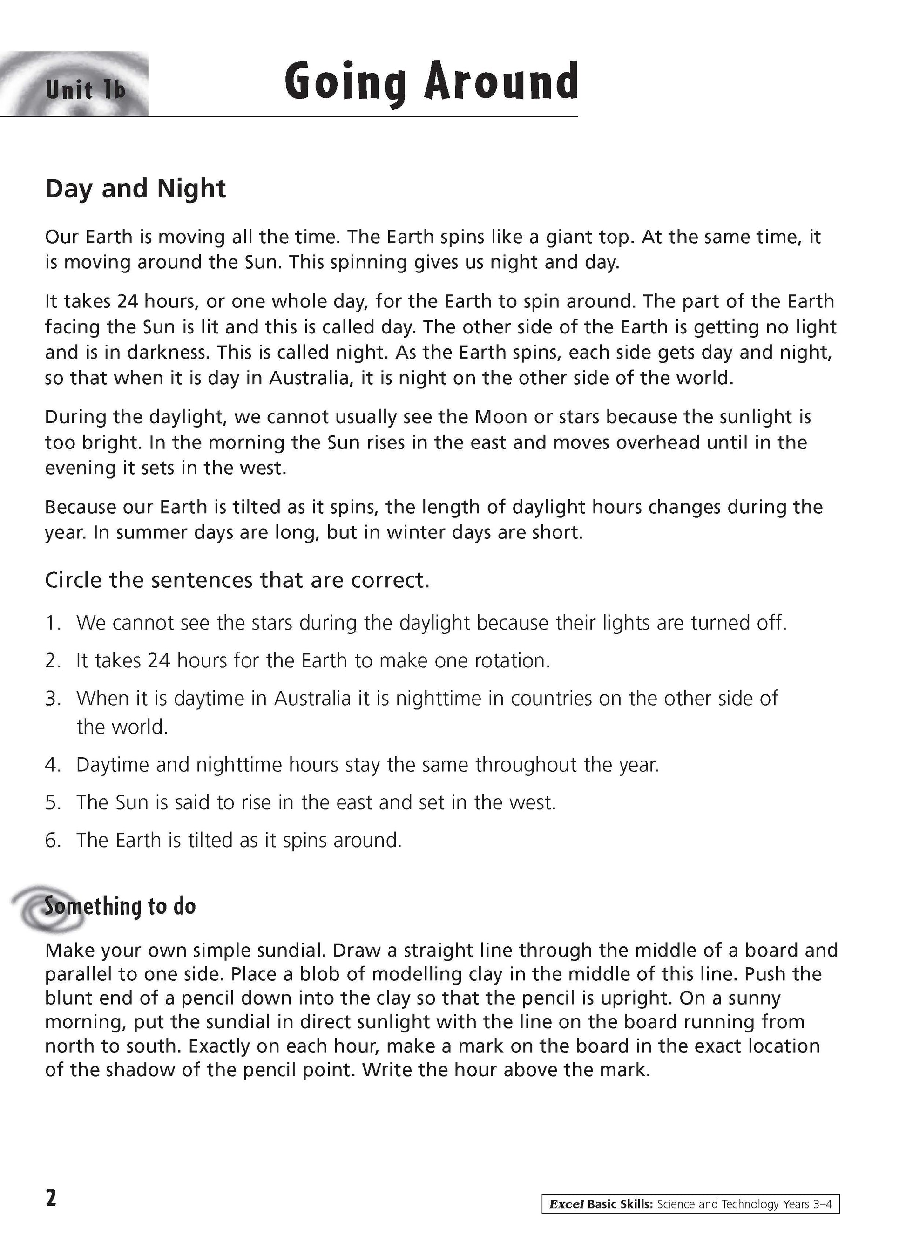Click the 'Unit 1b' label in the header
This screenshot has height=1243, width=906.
click(x=86, y=89)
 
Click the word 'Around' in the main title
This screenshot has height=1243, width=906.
click(x=501, y=82)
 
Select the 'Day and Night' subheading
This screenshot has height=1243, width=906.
click(x=135, y=189)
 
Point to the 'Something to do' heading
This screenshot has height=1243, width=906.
click(x=120, y=906)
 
